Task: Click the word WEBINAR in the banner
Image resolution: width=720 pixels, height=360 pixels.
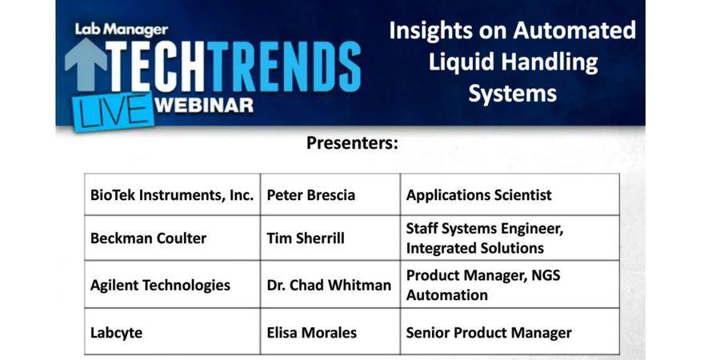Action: pos(206,104)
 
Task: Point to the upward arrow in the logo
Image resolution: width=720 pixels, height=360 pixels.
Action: pos(86,65)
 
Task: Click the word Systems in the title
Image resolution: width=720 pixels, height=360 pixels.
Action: pos(512,93)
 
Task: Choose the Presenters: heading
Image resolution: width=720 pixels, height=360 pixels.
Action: pos(352,143)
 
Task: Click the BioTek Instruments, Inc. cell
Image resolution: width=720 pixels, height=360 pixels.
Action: pos(172,194)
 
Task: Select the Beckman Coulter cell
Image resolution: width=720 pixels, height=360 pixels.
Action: pos(148,238)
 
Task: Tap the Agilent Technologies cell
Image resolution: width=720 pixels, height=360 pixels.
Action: pos(160,285)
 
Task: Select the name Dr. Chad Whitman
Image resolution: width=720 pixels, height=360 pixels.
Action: pos(329,285)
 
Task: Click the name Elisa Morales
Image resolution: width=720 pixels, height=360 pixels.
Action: pos(311,332)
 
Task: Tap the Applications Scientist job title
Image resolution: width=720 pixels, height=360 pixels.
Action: pos(478,194)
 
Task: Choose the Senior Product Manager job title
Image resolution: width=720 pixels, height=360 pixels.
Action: pos(489,332)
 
